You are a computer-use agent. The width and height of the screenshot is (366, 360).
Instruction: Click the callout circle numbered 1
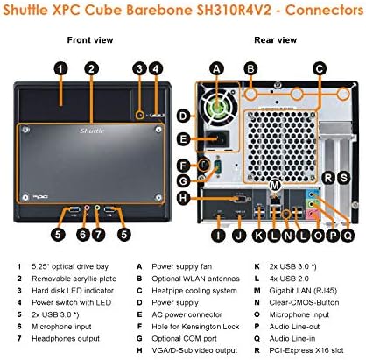[60, 69]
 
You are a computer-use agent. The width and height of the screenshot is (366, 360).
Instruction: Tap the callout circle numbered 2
[92, 69]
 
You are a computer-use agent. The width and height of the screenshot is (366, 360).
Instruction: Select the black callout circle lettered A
[216, 69]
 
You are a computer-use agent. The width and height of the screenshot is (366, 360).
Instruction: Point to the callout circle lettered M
[275, 185]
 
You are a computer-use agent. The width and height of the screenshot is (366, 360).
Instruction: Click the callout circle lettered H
[183, 198]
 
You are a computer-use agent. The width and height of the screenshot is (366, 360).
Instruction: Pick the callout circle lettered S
[344, 178]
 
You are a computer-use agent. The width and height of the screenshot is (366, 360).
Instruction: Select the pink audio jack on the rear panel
[313, 215]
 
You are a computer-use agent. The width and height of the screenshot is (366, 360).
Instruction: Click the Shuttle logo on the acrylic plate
[92, 131]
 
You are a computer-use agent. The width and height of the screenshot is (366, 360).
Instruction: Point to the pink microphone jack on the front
[87, 208]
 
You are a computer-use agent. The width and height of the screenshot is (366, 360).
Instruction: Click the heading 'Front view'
[90, 40]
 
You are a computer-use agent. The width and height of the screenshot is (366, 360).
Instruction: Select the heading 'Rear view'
[275, 40]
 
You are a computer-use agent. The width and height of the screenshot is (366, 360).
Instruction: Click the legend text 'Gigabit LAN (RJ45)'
[303, 291]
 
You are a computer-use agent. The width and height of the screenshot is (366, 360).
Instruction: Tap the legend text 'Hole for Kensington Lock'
[195, 327]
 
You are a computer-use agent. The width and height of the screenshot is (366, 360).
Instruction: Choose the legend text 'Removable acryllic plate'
[74, 279]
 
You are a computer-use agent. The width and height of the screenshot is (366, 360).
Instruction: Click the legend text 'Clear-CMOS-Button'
[304, 302]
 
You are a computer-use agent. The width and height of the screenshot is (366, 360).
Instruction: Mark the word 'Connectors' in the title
[324, 11]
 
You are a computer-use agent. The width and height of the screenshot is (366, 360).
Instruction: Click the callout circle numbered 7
[98, 234]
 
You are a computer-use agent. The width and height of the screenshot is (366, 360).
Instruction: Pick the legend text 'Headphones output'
[66, 339]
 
